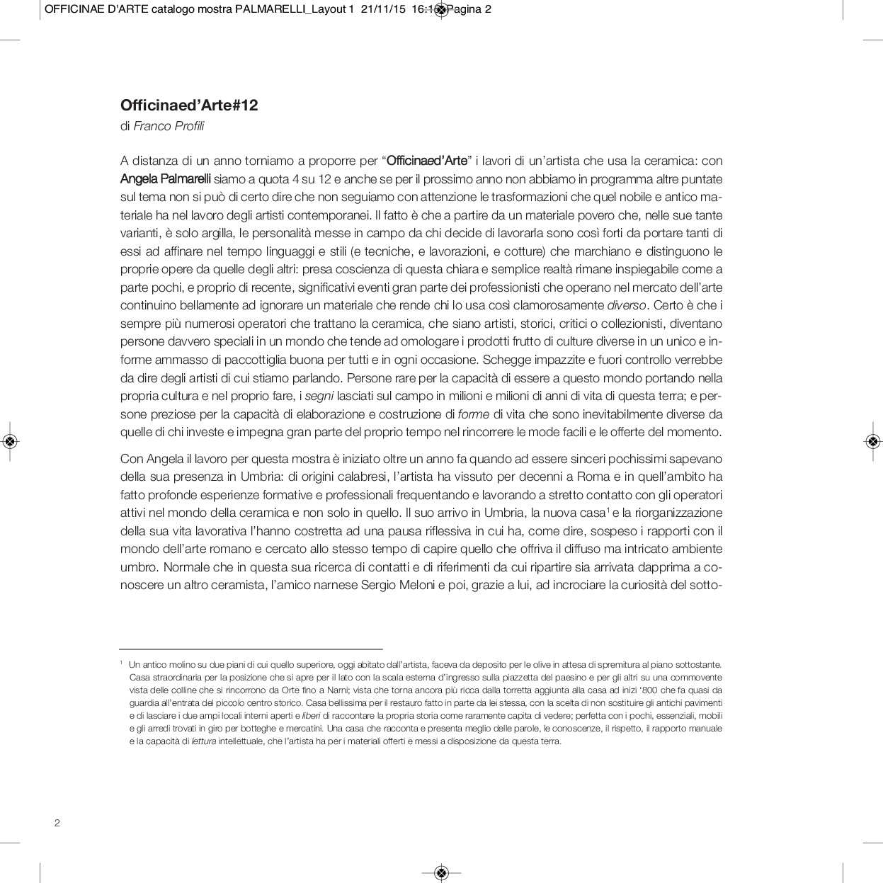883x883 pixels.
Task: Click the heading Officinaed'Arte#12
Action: pyautogui.click(x=189, y=106)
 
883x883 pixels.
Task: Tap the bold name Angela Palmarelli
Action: pyautogui.click(x=166, y=179)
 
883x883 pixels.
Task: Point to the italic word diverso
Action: pyautogui.click(x=627, y=306)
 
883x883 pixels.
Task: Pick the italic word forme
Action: pyautogui.click(x=474, y=414)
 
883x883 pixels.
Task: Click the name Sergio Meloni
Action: pyautogui.click(x=398, y=586)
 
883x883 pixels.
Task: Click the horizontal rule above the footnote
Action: pyautogui.click(x=251, y=649)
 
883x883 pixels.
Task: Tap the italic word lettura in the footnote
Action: pyautogui.click(x=204, y=741)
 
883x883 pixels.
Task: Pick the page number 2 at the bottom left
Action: pyautogui.click(x=57, y=823)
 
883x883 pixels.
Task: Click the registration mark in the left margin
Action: pyautogui.click(x=10, y=441)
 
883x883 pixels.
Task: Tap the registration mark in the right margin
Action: pyautogui.click(x=872, y=441)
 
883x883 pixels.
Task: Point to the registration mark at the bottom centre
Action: pyautogui.click(x=441, y=872)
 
